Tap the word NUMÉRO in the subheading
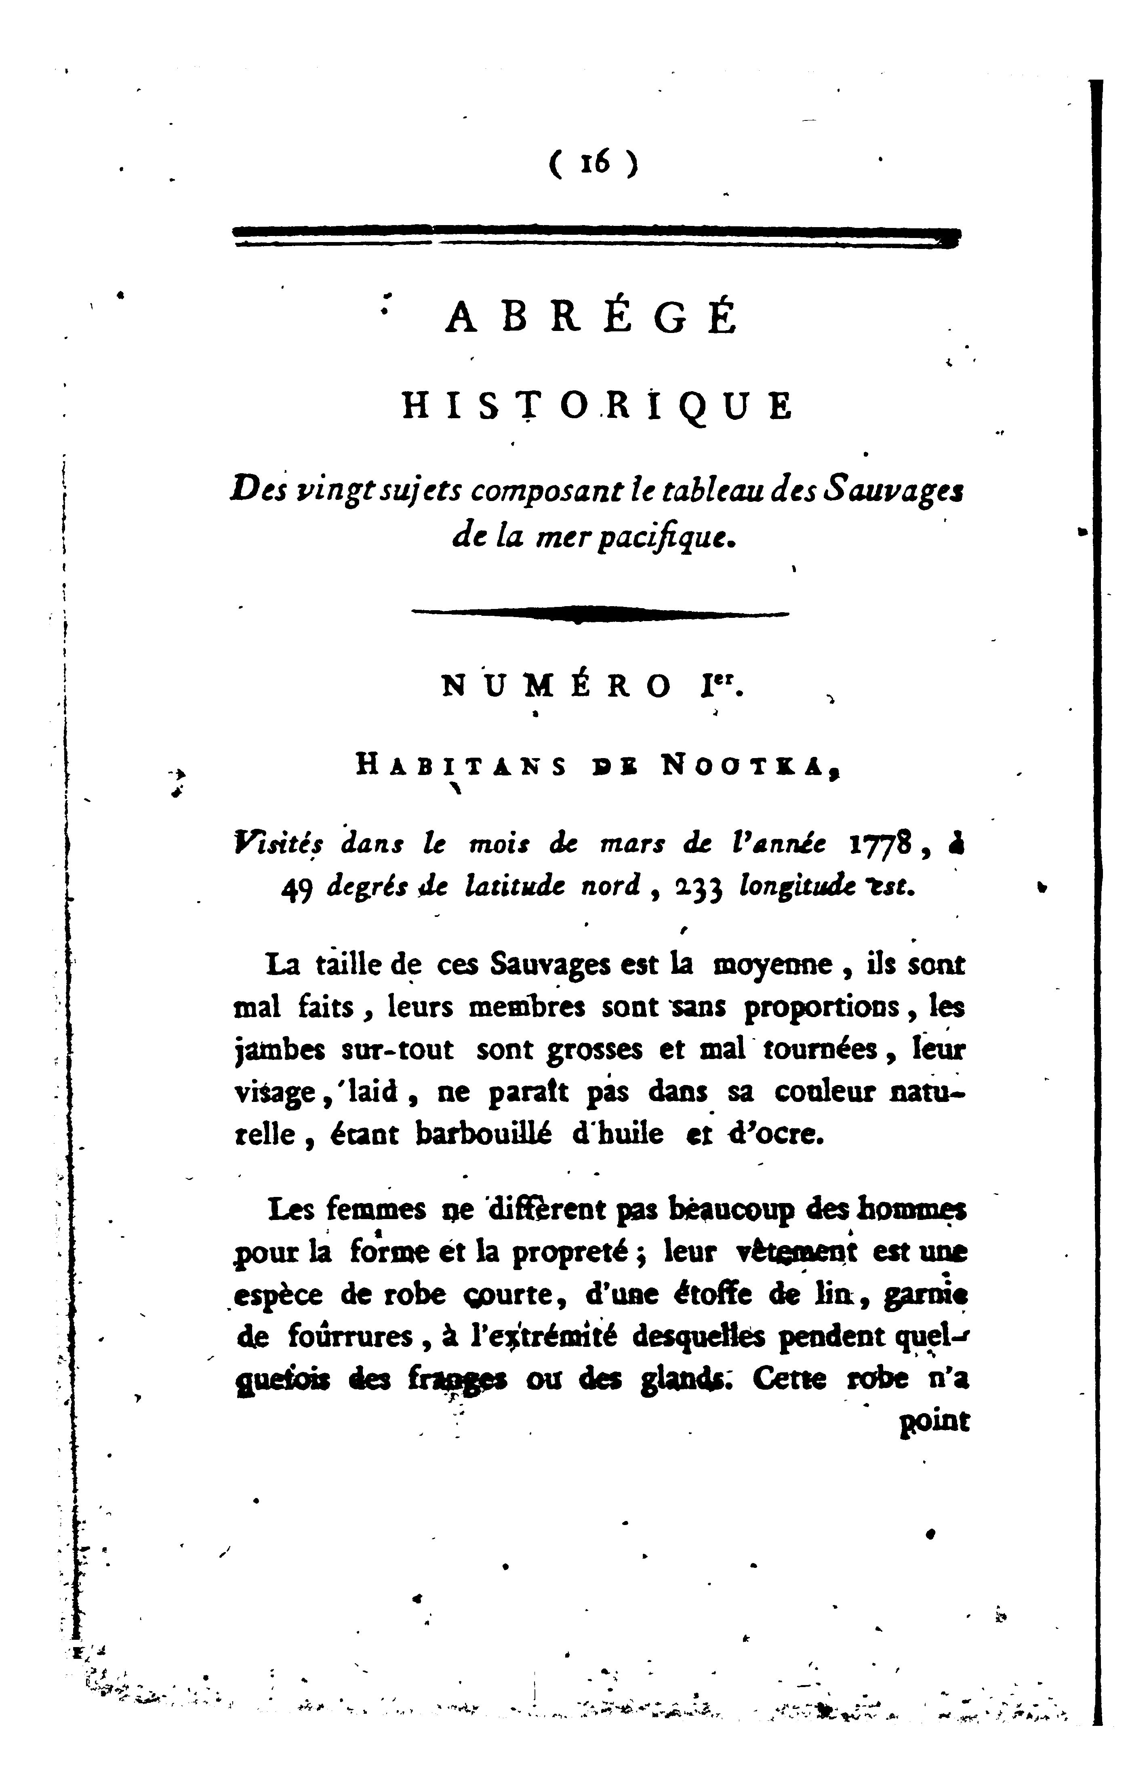[558, 687]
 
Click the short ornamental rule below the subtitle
[600, 613]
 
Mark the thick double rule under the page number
[596, 236]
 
